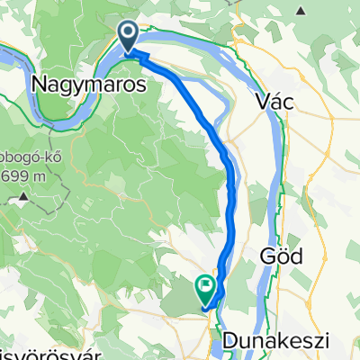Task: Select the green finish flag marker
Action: [205, 289]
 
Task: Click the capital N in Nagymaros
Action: [39, 84]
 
